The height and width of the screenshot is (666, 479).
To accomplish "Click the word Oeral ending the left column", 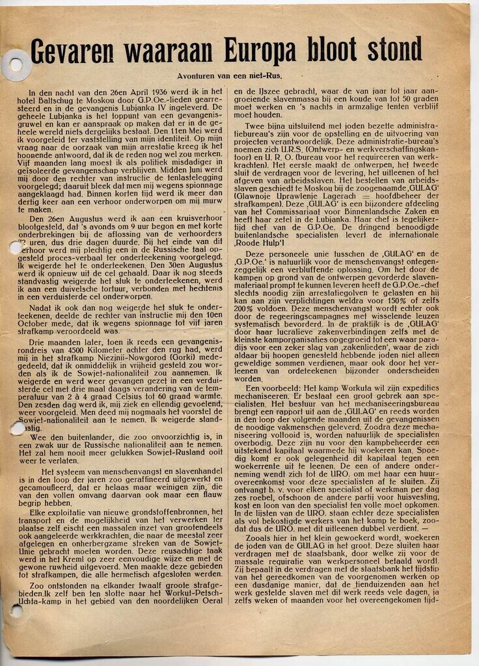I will (x=212, y=600).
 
